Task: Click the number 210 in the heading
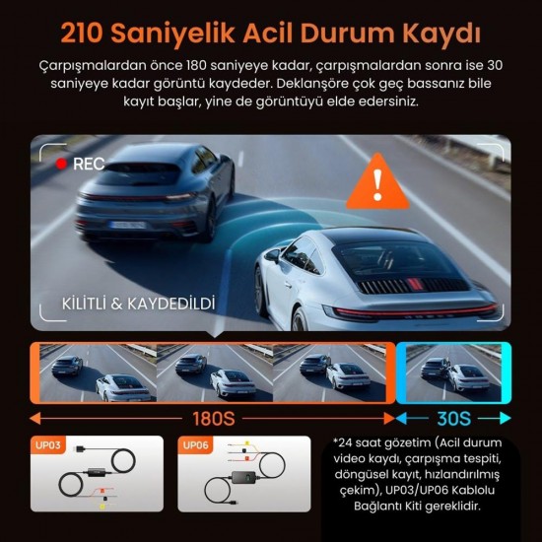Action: [x=93, y=32]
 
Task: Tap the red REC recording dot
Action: [x=61, y=165]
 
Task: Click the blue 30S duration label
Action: [x=454, y=417]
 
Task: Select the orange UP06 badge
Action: [x=195, y=445]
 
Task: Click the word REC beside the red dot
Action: [x=89, y=165]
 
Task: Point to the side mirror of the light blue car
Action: [x=273, y=255]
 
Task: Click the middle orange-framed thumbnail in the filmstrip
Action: [x=213, y=372]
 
